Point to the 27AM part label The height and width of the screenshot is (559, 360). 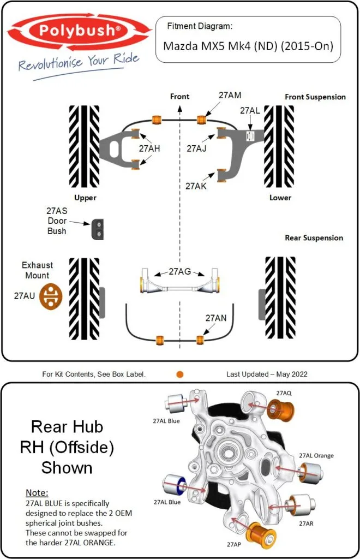point(230,95)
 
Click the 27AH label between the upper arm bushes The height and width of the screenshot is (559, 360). point(149,148)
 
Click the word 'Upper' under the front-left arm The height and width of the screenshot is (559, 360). point(85,198)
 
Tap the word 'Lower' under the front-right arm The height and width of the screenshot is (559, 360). point(280,198)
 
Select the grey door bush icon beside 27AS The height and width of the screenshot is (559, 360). point(98,229)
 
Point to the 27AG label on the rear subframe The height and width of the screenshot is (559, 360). point(179,271)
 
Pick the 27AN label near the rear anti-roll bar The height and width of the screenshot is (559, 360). point(216,318)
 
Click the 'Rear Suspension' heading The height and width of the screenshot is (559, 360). point(314,238)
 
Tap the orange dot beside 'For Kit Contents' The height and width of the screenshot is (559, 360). point(180,374)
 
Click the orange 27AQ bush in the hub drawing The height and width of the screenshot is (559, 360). point(283,410)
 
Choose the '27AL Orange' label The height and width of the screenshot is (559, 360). point(316,455)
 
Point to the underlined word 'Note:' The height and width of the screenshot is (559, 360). point(37,492)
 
